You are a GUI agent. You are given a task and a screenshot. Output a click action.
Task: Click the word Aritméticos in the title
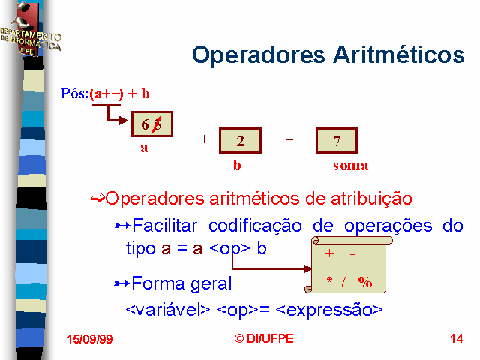tap(399, 55)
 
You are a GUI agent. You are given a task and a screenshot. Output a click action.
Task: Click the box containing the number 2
tap(240, 141)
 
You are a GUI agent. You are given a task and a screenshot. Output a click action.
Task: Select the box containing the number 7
tap(337, 141)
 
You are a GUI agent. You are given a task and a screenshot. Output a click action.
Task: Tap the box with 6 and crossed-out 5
tap(152, 124)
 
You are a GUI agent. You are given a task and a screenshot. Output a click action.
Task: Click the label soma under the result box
tap(351, 166)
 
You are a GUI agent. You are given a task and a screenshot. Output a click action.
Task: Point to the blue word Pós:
tap(75, 93)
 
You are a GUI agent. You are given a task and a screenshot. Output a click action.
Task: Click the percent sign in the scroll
tap(365, 282)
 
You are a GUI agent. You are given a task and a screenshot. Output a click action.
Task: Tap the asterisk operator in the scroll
tap(329, 280)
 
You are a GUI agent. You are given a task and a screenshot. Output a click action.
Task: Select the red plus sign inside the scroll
tap(329, 253)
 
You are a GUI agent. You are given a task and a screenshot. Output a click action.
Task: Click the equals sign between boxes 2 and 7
tap(289, 141)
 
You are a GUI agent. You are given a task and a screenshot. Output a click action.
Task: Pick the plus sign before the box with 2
tap(204, 139)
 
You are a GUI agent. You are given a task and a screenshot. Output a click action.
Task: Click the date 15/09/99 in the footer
tap(90, 339)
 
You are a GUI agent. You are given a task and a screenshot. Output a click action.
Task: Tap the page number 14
tap(456, 338)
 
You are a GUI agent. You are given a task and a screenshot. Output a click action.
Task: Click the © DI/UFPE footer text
tap(264, 338)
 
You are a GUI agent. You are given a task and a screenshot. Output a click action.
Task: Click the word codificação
tap(255, 226)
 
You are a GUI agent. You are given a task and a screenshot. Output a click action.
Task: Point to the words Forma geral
tap(181, 283)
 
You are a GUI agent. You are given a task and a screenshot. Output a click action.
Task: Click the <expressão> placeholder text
tap(329, 310)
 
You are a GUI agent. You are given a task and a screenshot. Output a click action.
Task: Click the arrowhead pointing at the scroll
tap(307, 269)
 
